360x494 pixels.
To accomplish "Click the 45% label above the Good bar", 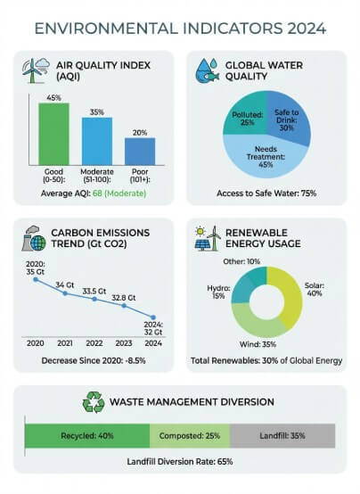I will [x=53, y=98].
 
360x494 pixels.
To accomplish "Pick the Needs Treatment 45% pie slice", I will [x=266, y=156].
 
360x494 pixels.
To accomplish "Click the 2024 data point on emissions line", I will [x=153, y=318].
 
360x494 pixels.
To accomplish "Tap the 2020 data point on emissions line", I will [x=36, y=279].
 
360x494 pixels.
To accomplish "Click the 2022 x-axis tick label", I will [x=94, y=342].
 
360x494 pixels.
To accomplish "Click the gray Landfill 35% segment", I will [x=282, y=436].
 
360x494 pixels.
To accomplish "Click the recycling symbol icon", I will [x=94, y=403].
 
